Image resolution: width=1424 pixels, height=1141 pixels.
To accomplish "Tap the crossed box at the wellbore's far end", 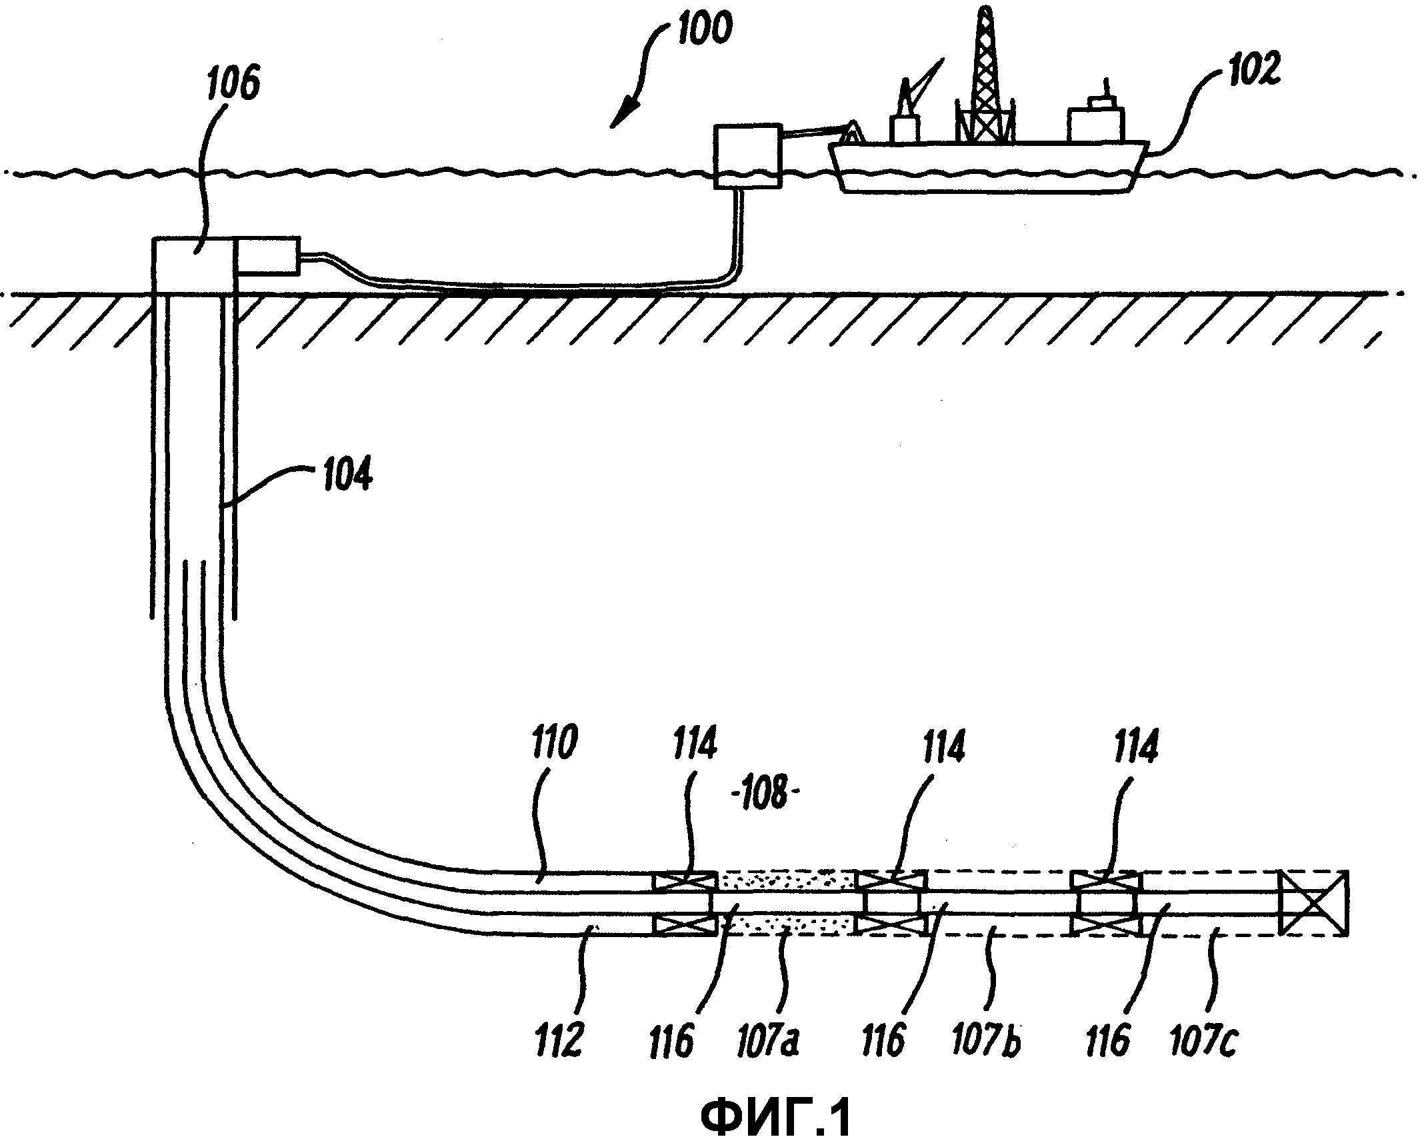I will (1312, 903).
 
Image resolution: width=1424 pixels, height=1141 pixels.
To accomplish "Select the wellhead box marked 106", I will (193, 264).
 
